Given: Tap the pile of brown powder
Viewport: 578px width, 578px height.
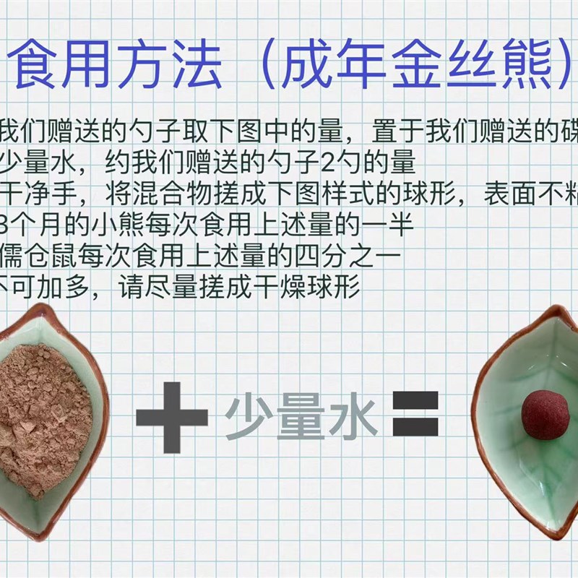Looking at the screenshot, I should pos(40,415).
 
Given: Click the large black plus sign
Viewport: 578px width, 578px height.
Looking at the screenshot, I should pos(171,417).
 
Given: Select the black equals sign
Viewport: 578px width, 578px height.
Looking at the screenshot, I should pos(415,413).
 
